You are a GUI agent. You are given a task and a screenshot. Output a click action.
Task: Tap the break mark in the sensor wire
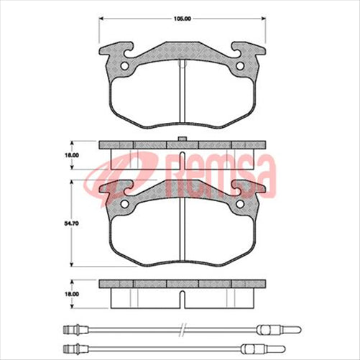tap(184, 331)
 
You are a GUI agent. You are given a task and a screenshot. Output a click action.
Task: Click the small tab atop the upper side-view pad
tap(184, 138)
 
